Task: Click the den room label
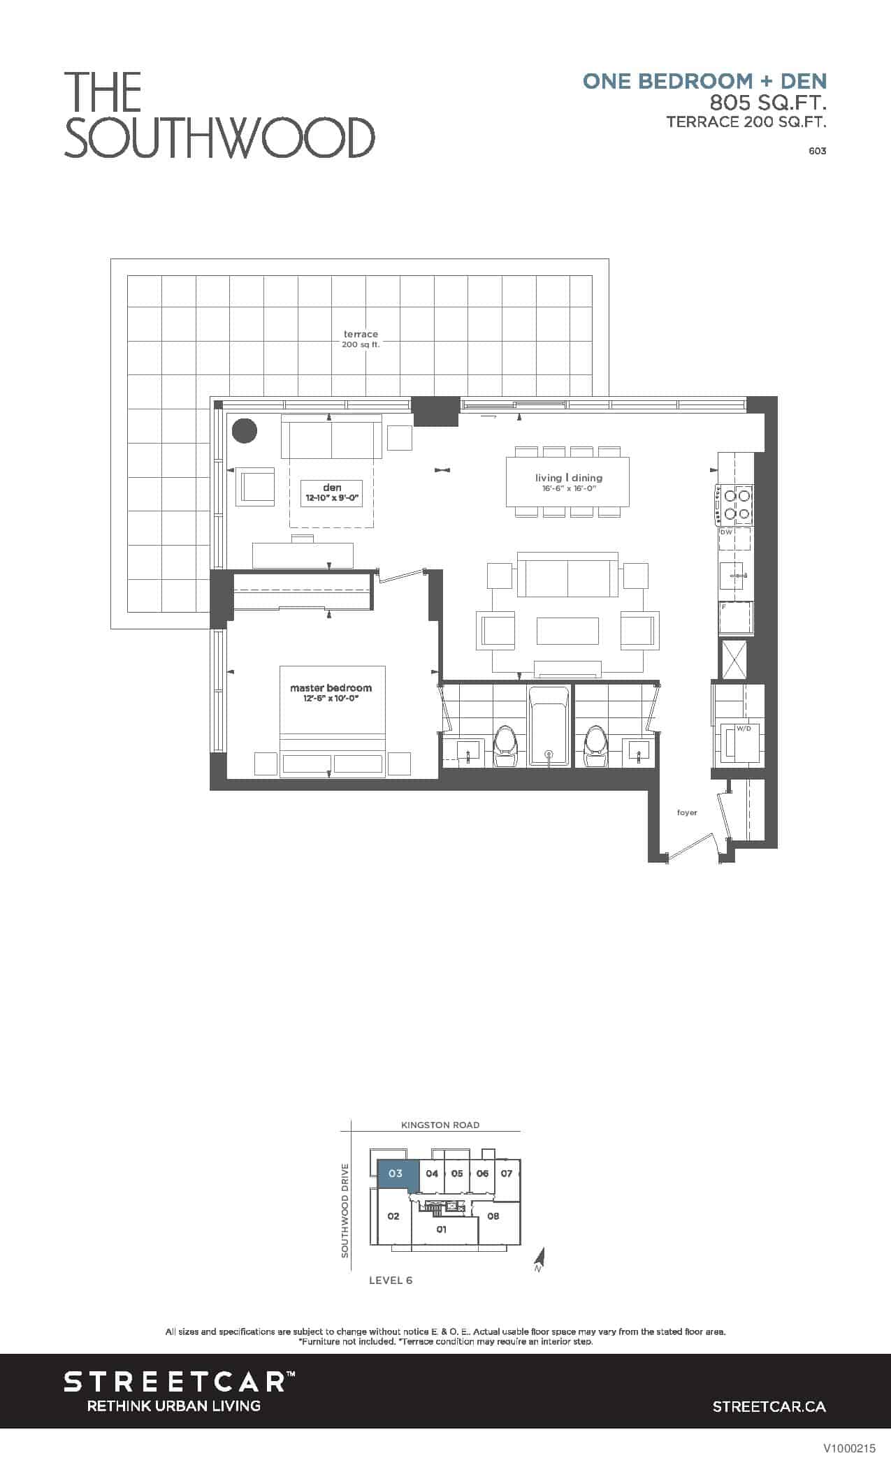click(332, 492)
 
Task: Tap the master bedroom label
click(331, 692)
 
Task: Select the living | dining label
click(569, 482)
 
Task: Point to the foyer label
click(687, 812)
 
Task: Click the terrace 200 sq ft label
click(361, 340)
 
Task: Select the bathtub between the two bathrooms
click(549, 725)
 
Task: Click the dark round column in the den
click(245, 431)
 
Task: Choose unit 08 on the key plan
click(493, 1216)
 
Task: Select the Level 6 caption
click(391, 1280)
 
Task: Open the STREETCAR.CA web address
click(769, 1406)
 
